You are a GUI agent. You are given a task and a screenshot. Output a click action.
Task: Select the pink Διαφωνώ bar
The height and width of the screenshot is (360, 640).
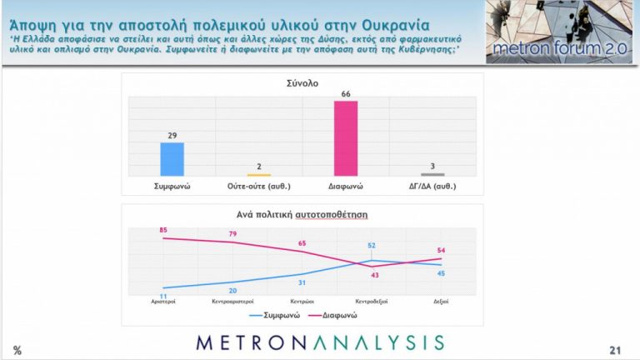tap(345, 137)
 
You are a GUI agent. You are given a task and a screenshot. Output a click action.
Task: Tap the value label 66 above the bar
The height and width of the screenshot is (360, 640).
tap(345, 95)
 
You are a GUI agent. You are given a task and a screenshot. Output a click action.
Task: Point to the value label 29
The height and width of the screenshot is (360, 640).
tap(172, 136)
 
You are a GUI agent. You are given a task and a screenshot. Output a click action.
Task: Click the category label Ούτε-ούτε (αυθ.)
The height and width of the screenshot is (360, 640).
tap(258, 186)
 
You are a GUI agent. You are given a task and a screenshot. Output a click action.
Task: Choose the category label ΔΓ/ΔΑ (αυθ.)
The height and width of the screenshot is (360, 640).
tap(432, 186)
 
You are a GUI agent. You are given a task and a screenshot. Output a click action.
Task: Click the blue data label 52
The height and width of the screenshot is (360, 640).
tap(372, 245)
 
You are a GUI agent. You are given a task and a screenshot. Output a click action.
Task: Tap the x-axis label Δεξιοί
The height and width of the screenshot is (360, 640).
tap(440, 302)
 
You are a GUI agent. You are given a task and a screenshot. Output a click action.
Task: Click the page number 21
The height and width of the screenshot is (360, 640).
tap(617, 349)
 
